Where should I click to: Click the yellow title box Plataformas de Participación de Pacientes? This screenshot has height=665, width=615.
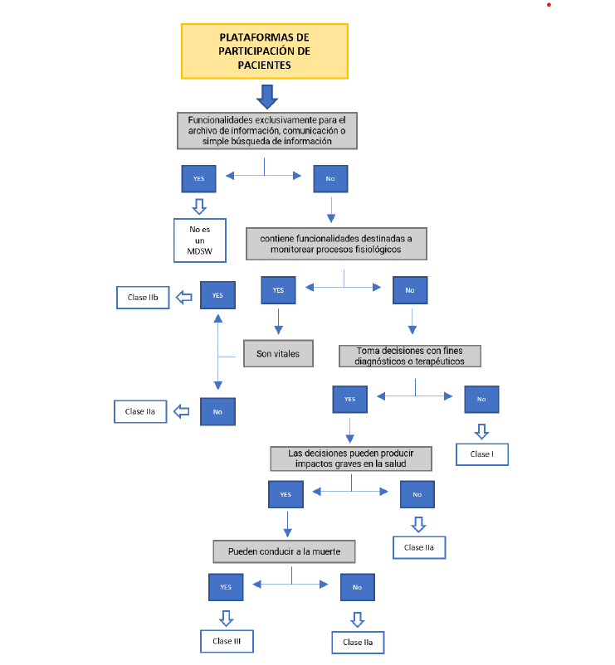[x=264, y=51]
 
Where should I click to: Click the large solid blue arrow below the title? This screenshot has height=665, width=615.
[x=266, y=97]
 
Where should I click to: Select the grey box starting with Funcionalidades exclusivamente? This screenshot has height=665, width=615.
[x=266, y=130]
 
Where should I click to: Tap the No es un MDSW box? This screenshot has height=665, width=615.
[x=199, y=240]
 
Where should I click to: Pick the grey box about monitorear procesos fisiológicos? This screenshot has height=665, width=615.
[x=336, y=244]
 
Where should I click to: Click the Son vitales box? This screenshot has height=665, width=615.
[x=277, y=354]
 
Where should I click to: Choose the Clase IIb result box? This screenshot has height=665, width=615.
[x=143, y=298]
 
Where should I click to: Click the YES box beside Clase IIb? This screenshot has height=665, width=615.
[x=217, y=295]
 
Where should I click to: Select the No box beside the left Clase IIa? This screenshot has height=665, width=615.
[x=217, y=411]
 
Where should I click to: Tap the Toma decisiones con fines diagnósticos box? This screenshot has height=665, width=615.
[x=410, y=356]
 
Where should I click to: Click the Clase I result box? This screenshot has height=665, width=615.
[x=481, y=454]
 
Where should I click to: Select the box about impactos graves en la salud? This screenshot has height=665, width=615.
[x=352, y=459]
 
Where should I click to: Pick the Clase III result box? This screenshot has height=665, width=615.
[x=226, y=641]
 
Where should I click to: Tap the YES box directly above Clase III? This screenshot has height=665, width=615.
[x=226, y=587]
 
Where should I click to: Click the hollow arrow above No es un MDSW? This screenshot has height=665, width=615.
[x=199, y=205]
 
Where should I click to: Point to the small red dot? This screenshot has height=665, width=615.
[x=549, y=5]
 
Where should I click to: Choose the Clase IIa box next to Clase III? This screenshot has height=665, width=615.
[x=358, y=643]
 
